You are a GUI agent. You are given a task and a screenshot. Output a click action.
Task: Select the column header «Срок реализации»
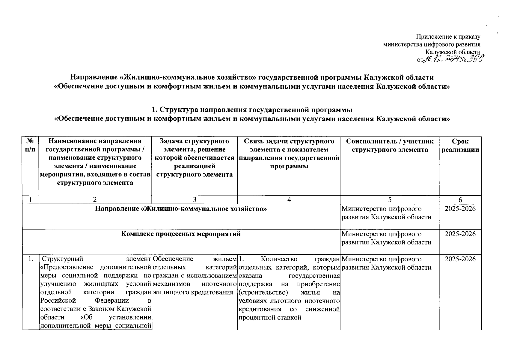(460, 145)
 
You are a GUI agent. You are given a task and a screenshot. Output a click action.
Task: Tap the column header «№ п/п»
(30, 145)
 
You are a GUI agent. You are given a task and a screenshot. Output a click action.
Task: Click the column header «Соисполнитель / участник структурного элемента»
(390, 145)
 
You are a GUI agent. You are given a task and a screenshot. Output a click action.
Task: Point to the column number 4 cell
(289, 200)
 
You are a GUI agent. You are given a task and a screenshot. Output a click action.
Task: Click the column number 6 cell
(460, 200)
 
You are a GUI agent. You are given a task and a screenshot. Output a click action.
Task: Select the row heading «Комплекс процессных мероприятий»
(181, 234)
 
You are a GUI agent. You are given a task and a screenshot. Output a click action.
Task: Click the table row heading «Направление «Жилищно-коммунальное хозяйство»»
(181, 209)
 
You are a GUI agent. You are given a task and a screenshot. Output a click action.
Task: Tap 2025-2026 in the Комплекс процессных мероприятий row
(460, 234)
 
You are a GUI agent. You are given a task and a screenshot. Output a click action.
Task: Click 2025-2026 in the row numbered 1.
(460, 259)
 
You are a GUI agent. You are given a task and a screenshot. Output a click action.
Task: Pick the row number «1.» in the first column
(30, 259)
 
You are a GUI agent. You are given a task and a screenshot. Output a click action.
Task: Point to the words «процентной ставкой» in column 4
(270, 317)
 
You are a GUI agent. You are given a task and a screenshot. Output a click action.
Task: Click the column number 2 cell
(95, 200)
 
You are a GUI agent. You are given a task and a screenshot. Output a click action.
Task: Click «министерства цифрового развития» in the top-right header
(432, 44)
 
